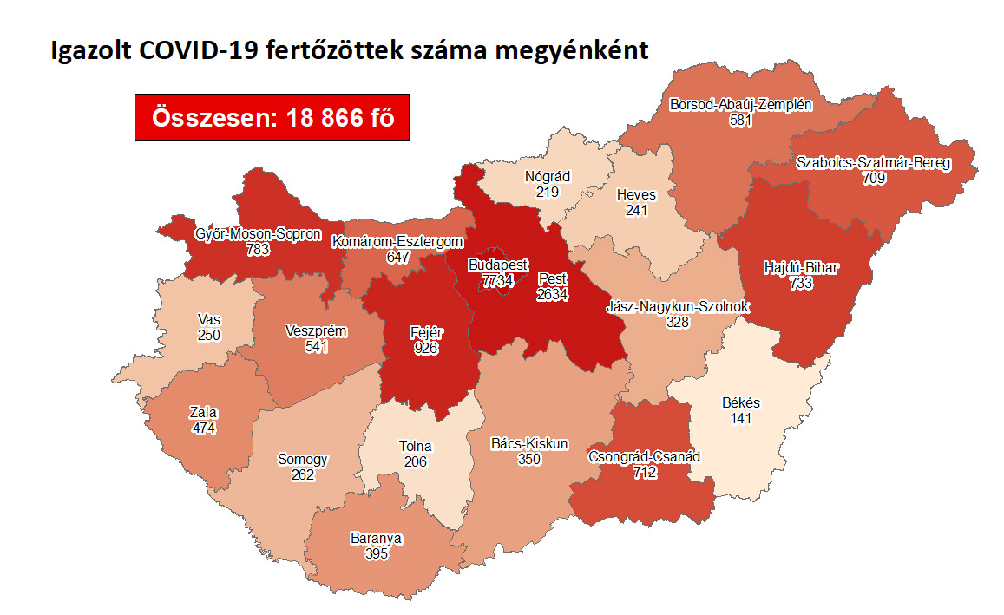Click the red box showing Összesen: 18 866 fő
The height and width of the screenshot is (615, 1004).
272,117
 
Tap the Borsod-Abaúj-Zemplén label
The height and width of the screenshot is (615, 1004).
740,104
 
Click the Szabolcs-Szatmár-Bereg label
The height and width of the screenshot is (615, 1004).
873,163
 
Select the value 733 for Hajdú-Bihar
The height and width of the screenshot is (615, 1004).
789,283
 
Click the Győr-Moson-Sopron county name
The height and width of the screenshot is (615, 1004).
258,234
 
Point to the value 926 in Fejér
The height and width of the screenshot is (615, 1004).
425,348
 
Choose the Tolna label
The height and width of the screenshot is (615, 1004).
415,447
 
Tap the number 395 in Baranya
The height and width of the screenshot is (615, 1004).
376,553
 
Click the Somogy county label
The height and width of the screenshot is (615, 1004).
303,460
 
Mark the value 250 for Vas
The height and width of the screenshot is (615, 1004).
209,336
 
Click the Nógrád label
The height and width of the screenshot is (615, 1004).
548,177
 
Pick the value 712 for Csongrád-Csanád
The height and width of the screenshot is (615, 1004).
644,472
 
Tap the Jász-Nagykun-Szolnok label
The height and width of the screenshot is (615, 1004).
677,307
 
